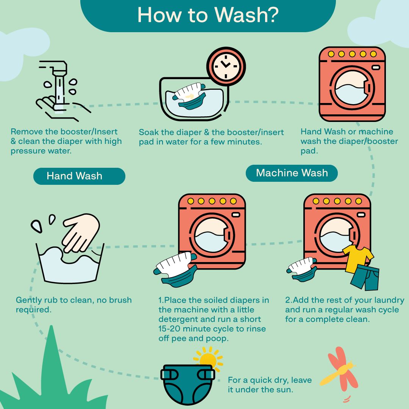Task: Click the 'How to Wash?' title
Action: click(x=208, y=15)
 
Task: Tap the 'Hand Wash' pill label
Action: click(x=79, y=176)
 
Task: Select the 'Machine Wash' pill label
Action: click(x=292, y=173)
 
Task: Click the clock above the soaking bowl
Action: click(x=226, y=66)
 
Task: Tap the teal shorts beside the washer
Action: click(x=365, y=277)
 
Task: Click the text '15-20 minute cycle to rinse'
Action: click(x=212, y=328)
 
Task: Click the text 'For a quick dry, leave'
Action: click(x=270, y=380)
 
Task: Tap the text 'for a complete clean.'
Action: click(x=327, y=319)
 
